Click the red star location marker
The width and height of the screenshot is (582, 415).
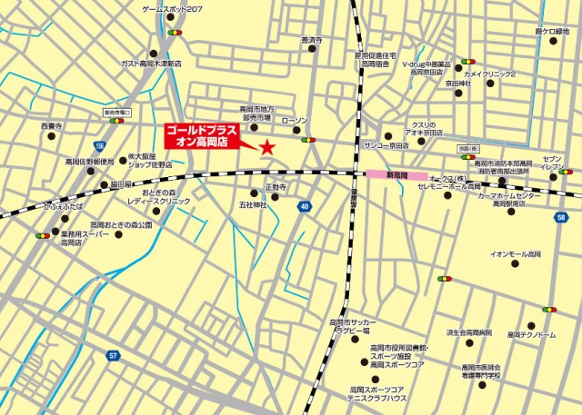(x=266, y=148)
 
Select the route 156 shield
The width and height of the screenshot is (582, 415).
(x=99, y=146)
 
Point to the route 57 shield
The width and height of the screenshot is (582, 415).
(x=113, y=354)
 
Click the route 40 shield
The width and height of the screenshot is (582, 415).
(x=304, y=207)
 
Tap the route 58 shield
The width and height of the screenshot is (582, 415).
(x=561, y=218)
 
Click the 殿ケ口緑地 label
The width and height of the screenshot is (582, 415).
(x=552, y=32)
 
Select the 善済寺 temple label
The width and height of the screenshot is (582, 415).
(x=312, y=41)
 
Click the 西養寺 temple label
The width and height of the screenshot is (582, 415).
(x=51, y=125)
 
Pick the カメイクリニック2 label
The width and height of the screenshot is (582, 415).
(x=490, y=74)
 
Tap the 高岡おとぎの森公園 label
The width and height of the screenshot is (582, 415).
(x=121, y=224)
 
